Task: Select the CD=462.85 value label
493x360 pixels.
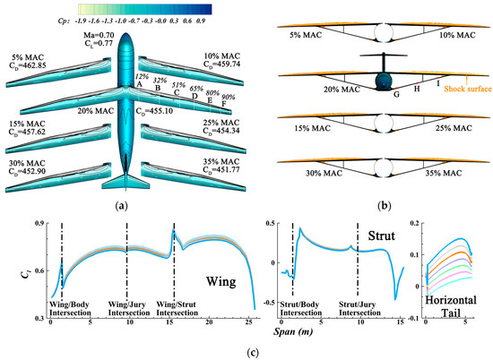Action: (x=38, y=65)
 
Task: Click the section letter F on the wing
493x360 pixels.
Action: (x=223, y=105)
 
